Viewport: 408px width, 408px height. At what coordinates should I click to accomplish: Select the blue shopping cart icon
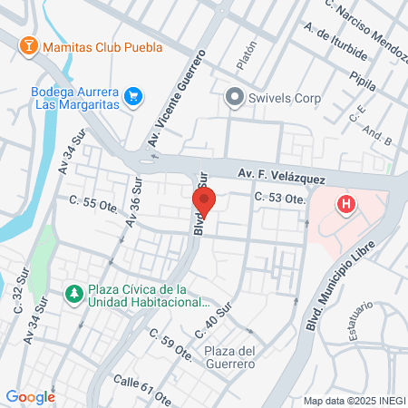coord(133,95)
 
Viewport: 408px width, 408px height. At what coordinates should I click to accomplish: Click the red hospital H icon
coord(345,205)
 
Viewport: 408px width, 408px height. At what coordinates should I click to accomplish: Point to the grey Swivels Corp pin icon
coord(235,95)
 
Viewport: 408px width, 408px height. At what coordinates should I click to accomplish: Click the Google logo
coord(30,396)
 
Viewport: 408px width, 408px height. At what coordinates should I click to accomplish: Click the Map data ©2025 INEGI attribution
coord(355,400)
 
